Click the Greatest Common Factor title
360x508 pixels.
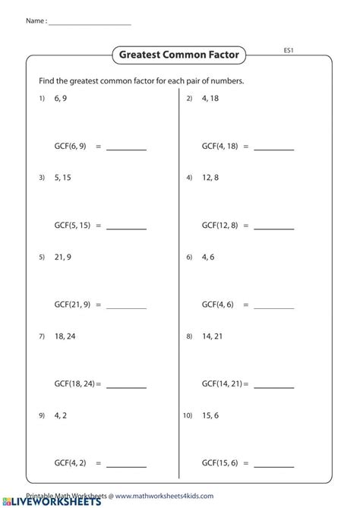click(x=179, y=55)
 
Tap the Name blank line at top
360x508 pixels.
click(x=89, y=24)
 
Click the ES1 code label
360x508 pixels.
click(x=288, y=51)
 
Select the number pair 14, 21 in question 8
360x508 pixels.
click(x=212, y=335)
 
